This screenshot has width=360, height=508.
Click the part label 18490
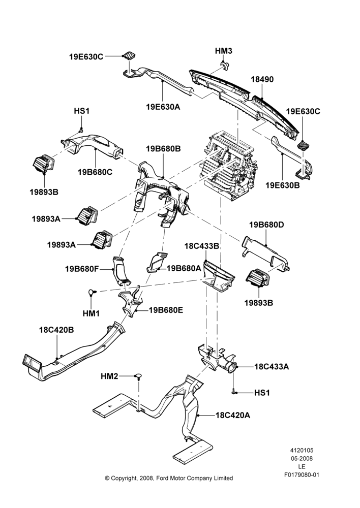click(262, 79)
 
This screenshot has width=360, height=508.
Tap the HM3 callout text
click(224, 51)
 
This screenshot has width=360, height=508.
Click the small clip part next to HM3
click(224, 65)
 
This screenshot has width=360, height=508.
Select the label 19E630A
click(163, 107)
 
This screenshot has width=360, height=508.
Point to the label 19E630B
click(283, 185)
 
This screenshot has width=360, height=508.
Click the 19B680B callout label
click(163, 149)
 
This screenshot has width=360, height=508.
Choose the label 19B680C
click(95, 172)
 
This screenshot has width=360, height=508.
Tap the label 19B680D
click(266, 225)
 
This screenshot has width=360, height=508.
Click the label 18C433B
click(202, 246)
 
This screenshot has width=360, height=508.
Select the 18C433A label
click(272, 367)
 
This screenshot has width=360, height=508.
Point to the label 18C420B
click(56, 330)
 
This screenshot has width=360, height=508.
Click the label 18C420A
click(233, 415)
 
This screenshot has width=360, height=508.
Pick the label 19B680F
click(81, 269)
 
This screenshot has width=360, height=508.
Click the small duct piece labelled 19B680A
click(158, 262)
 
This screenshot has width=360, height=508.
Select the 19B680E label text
click(166, 310)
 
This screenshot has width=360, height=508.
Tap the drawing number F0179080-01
click(302, 475)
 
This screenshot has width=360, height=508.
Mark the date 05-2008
click(302, 458)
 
